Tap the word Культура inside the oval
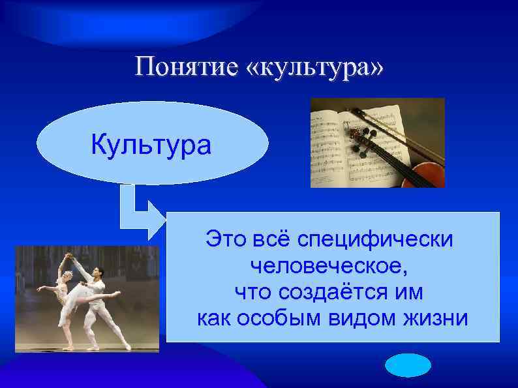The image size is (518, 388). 151,145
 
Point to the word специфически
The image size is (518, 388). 375,239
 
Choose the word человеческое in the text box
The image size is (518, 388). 331,266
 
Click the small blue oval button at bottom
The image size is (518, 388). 408,366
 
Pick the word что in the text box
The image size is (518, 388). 248,293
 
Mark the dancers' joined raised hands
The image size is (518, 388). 68,255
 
